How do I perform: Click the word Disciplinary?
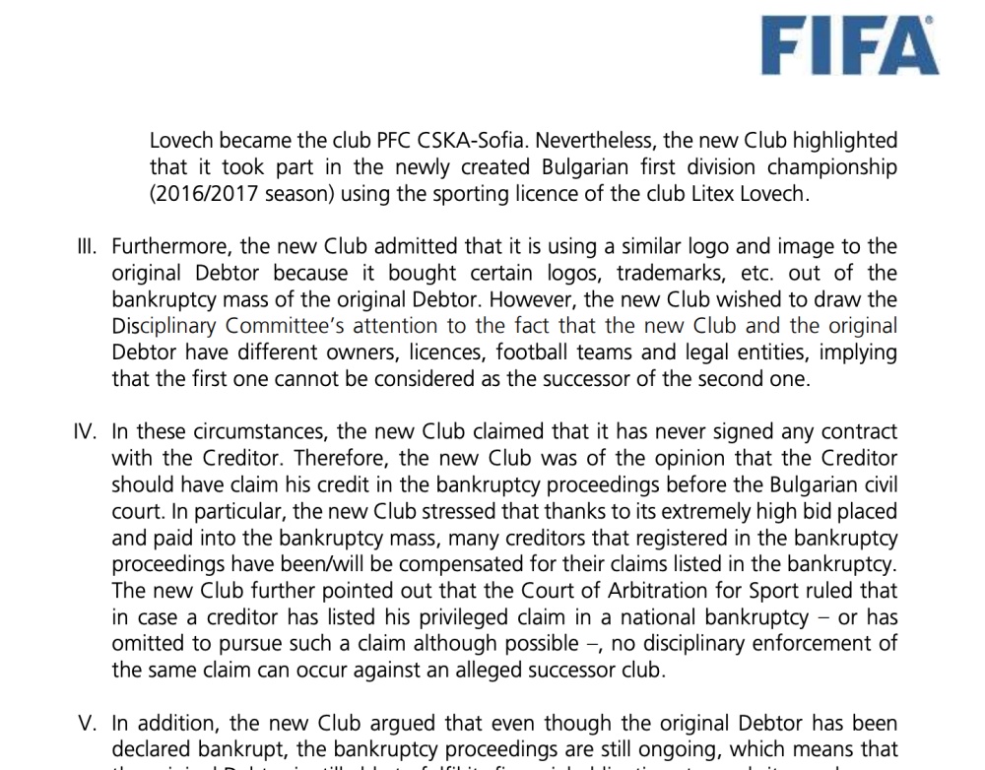click(164, 326)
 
